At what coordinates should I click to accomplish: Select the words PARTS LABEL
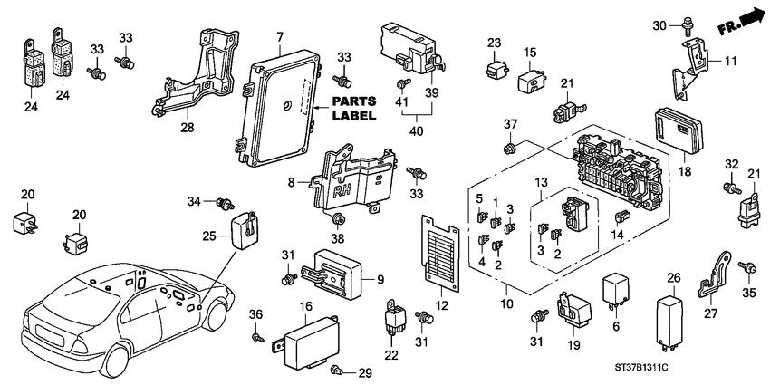coord(353,110)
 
